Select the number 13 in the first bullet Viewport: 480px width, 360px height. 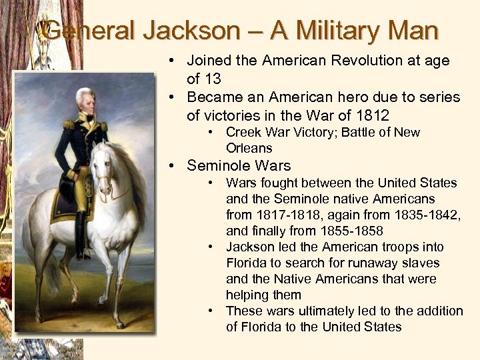point(213,79)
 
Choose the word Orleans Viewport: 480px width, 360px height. point(249,148)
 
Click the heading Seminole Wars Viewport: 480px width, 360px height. point(239,165)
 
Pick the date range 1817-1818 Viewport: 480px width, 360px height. point(291,215)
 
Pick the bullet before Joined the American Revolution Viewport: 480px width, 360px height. point(171,60)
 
